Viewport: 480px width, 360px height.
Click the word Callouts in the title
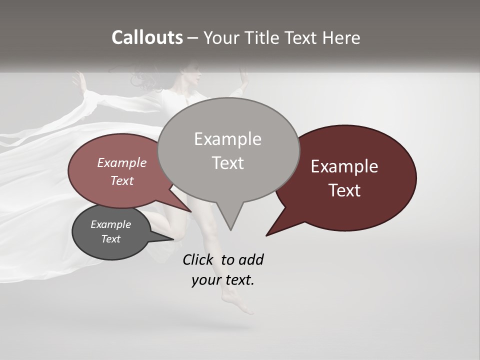147,37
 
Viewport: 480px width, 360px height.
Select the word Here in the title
342,37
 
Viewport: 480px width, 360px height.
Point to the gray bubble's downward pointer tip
230,229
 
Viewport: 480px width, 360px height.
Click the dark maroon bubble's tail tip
267,234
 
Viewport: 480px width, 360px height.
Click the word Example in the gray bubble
227,139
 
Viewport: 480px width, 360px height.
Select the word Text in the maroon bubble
345,190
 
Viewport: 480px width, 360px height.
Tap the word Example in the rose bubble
122,162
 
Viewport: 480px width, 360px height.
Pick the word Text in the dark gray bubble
110,239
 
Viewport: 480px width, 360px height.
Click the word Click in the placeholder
197,259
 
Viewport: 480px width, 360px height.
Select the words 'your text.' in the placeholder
223,280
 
